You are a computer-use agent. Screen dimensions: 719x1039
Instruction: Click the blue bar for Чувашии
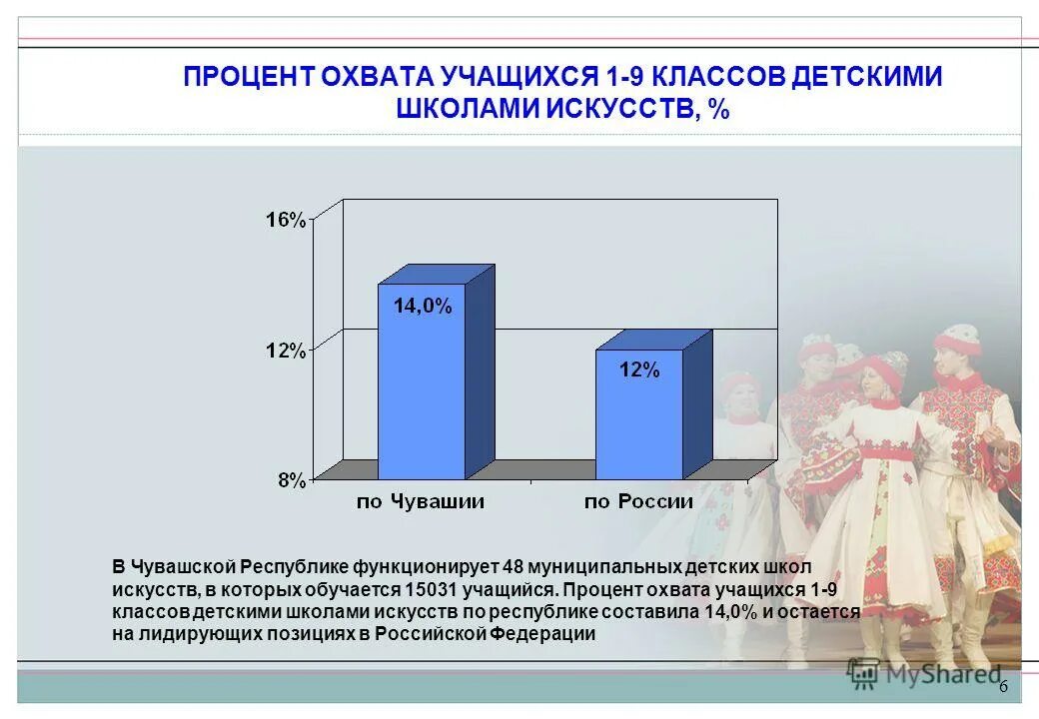point(421,389)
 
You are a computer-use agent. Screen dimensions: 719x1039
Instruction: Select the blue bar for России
point(639,419)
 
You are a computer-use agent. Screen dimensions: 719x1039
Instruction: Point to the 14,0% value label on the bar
point(422,307)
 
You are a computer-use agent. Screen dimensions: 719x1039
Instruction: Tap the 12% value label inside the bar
point(639,369)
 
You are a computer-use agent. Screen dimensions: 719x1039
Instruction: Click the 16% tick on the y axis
point(285,220)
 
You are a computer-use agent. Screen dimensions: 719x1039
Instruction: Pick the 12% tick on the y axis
point(285,351)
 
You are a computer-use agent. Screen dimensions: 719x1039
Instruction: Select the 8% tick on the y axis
point(291,480)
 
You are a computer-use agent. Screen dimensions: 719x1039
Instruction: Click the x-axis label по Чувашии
point(421,501)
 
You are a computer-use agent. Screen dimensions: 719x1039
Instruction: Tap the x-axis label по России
point(639,501)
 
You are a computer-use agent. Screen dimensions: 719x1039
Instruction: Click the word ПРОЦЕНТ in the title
point(250,78)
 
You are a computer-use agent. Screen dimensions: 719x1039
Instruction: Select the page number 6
point(1003,688)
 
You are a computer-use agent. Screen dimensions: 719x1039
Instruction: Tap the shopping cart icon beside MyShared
point(862,675)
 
